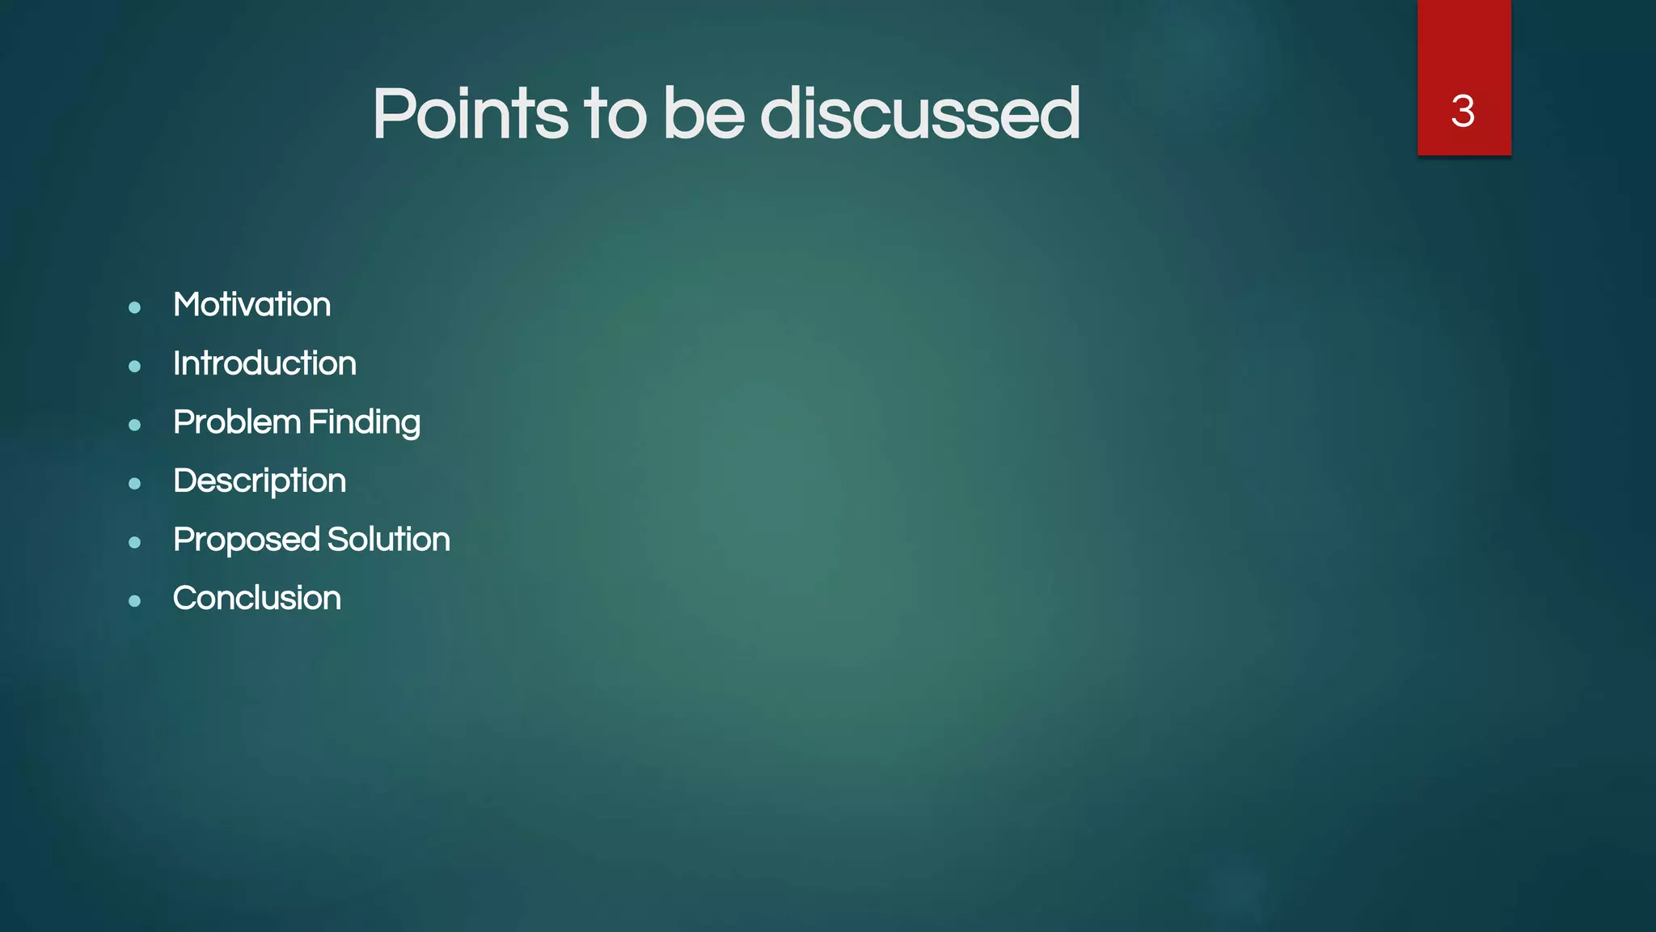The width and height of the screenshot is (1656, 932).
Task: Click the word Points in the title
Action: (x=470, y=114)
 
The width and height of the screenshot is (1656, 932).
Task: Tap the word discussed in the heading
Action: (x=919, y=114)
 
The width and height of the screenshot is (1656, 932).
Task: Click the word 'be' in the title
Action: (x=703, y=114)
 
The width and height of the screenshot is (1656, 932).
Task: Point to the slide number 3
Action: (x=1463, y=111)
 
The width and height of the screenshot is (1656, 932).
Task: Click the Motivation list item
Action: (x=251, y=305)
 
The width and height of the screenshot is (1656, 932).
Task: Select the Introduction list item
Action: (x=264, y=364)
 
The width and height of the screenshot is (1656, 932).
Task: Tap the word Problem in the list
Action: (x=237, y=422)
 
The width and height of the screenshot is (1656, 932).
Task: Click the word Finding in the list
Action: (x=364, y=423)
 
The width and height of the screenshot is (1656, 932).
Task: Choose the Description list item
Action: (x=260, y=481)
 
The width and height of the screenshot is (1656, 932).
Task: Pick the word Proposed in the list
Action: (x=247, y=540)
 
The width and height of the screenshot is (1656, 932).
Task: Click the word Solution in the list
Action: (x=389, y=540)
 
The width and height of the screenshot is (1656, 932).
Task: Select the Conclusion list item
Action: (x=257, y=599)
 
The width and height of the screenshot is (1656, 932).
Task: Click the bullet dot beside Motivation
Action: (x=135, y=307)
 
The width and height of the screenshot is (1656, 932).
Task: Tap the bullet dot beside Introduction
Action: (x=135, y=366)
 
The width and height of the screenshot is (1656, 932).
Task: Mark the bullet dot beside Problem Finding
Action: (x=135, y=425)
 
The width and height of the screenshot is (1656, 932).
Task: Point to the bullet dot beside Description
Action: (x=135, y=484)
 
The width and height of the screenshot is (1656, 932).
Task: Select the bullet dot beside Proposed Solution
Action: (x=135, y=542)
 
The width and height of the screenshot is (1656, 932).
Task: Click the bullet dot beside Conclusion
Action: (x=135, y=601)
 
